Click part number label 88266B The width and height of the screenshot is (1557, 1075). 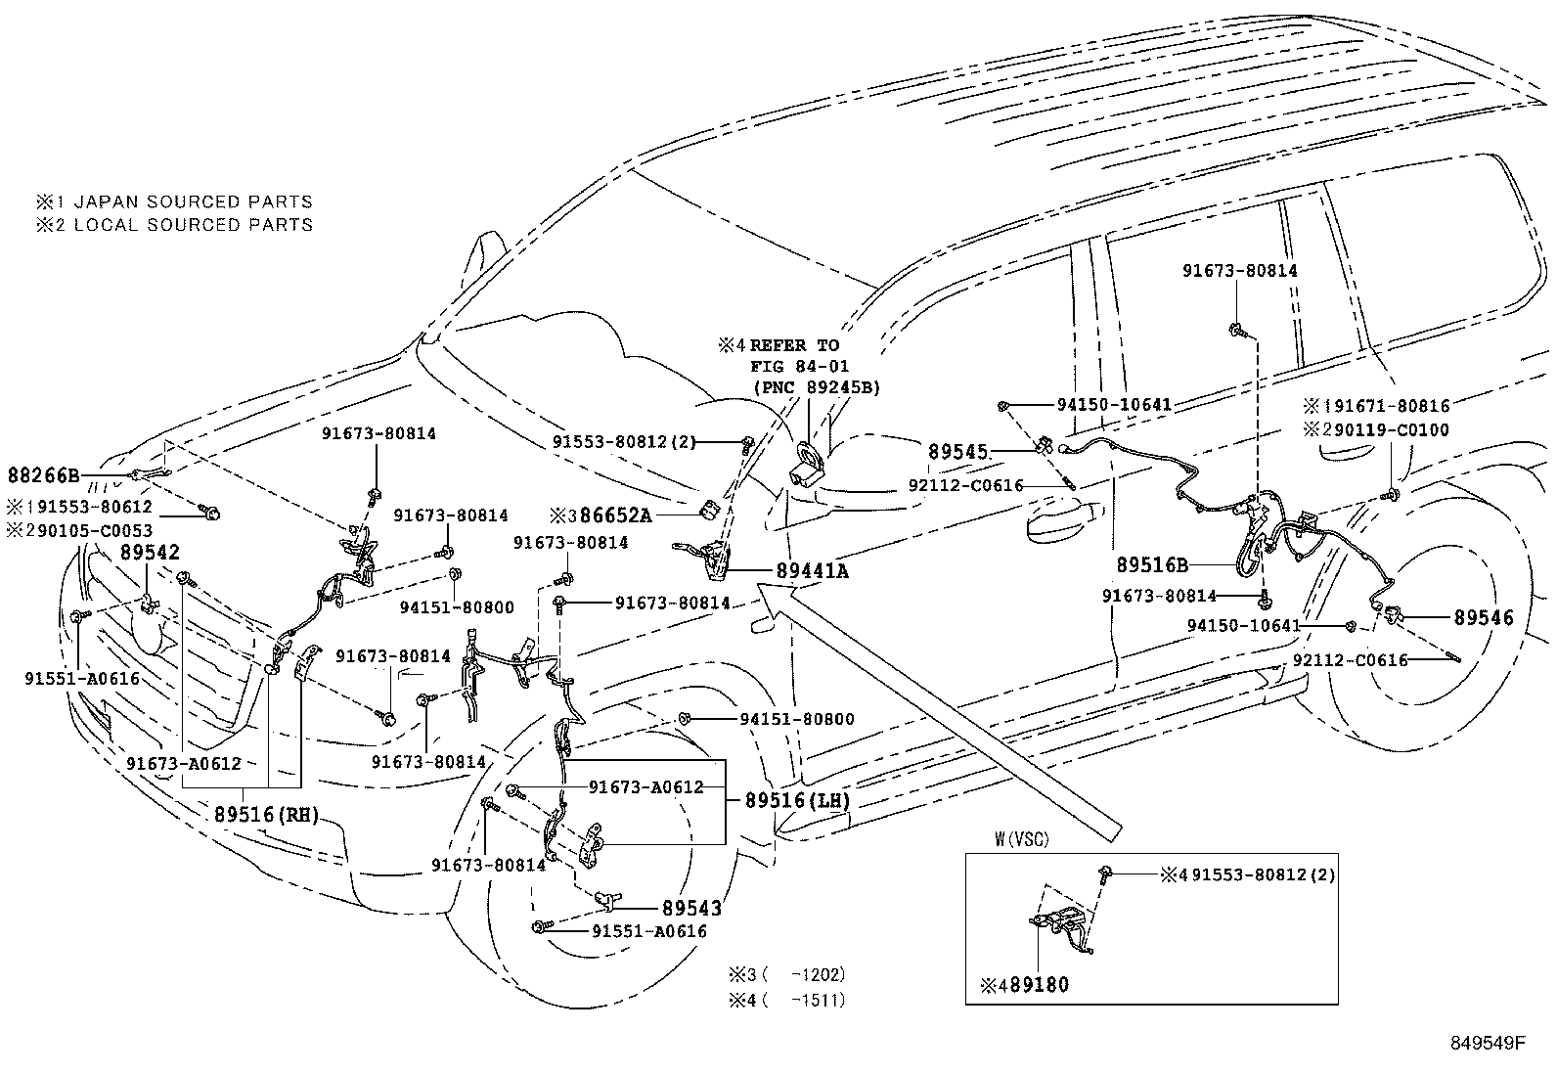pyautogui.click(x=43, y=476)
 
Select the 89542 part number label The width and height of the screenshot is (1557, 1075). pyautogui.click(x=150, y=553)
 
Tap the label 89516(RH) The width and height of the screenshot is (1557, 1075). pyautogui.click(x=267, y=815)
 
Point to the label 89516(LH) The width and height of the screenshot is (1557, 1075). pyautogui.click(x=797, y=800)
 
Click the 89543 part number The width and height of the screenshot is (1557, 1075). pyautogui.click(x=691, y=909)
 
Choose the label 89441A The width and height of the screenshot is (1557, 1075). pyautogui.click(x=812, y=571)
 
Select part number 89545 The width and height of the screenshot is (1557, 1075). pyautogui.click(x=959, y=453)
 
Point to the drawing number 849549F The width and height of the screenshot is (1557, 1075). pyautogui.click(x=1488, y=1043)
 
